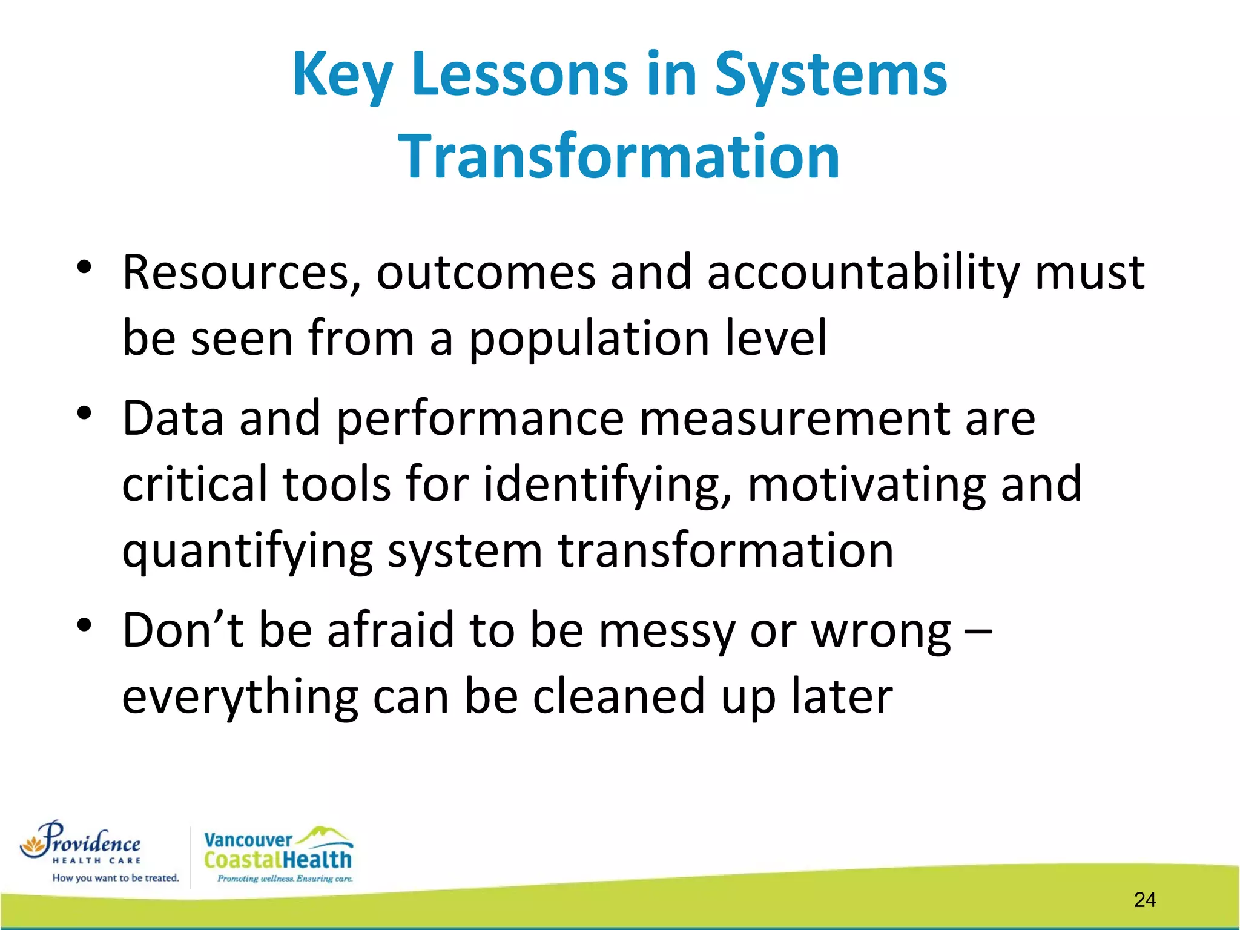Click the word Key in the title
coord(342,75)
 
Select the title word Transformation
coord(619,157)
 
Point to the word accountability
coord(863,274)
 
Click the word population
coord(589,339)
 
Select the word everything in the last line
coord(240,697)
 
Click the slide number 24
coord(1144,900)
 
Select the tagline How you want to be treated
coord(116,878)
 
